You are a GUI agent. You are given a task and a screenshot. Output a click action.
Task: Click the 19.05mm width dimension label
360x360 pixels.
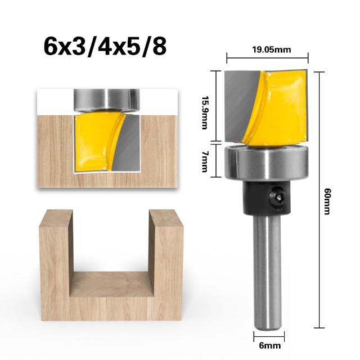271,49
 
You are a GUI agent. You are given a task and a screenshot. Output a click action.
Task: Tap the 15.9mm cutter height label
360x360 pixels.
205,112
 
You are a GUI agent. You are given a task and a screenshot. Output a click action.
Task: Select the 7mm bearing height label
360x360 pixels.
205,161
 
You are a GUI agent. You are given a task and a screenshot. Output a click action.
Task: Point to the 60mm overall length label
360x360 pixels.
327,201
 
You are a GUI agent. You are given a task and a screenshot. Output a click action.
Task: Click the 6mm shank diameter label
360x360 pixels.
269,345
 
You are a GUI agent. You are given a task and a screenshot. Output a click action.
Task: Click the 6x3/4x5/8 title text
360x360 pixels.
105,47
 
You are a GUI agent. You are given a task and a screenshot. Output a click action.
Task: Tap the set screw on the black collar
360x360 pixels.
277,197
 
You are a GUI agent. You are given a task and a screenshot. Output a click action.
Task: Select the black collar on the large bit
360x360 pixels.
267,198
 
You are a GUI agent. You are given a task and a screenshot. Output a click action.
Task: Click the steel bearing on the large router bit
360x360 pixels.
266,163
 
